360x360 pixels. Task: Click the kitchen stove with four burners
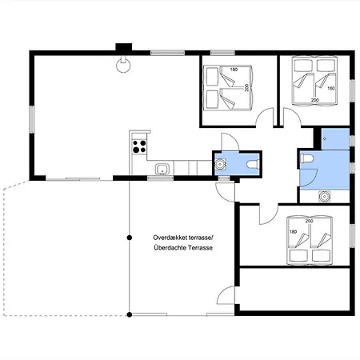[139, 146]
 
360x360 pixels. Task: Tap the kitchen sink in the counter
[162, 169]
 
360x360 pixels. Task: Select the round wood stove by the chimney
[123, 66]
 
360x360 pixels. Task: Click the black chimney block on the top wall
[124, 47]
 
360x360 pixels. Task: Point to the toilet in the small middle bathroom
[253, 164]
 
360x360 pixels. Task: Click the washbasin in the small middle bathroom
[220, 164]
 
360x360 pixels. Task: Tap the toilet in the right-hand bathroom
[306, 158]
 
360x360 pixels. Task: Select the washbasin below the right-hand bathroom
[324, 197]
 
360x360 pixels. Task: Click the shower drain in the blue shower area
[325, 139]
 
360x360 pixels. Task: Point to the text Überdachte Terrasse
[183, 248]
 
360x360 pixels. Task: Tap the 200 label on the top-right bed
[315, 100]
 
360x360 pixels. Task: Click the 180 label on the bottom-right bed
[293, 232]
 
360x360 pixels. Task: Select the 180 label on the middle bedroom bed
[234, 70]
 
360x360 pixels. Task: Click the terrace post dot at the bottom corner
[130, 315]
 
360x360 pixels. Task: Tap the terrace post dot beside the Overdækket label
[130, 238]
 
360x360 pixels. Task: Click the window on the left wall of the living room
[32, 119]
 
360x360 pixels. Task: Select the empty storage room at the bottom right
[294, 289]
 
